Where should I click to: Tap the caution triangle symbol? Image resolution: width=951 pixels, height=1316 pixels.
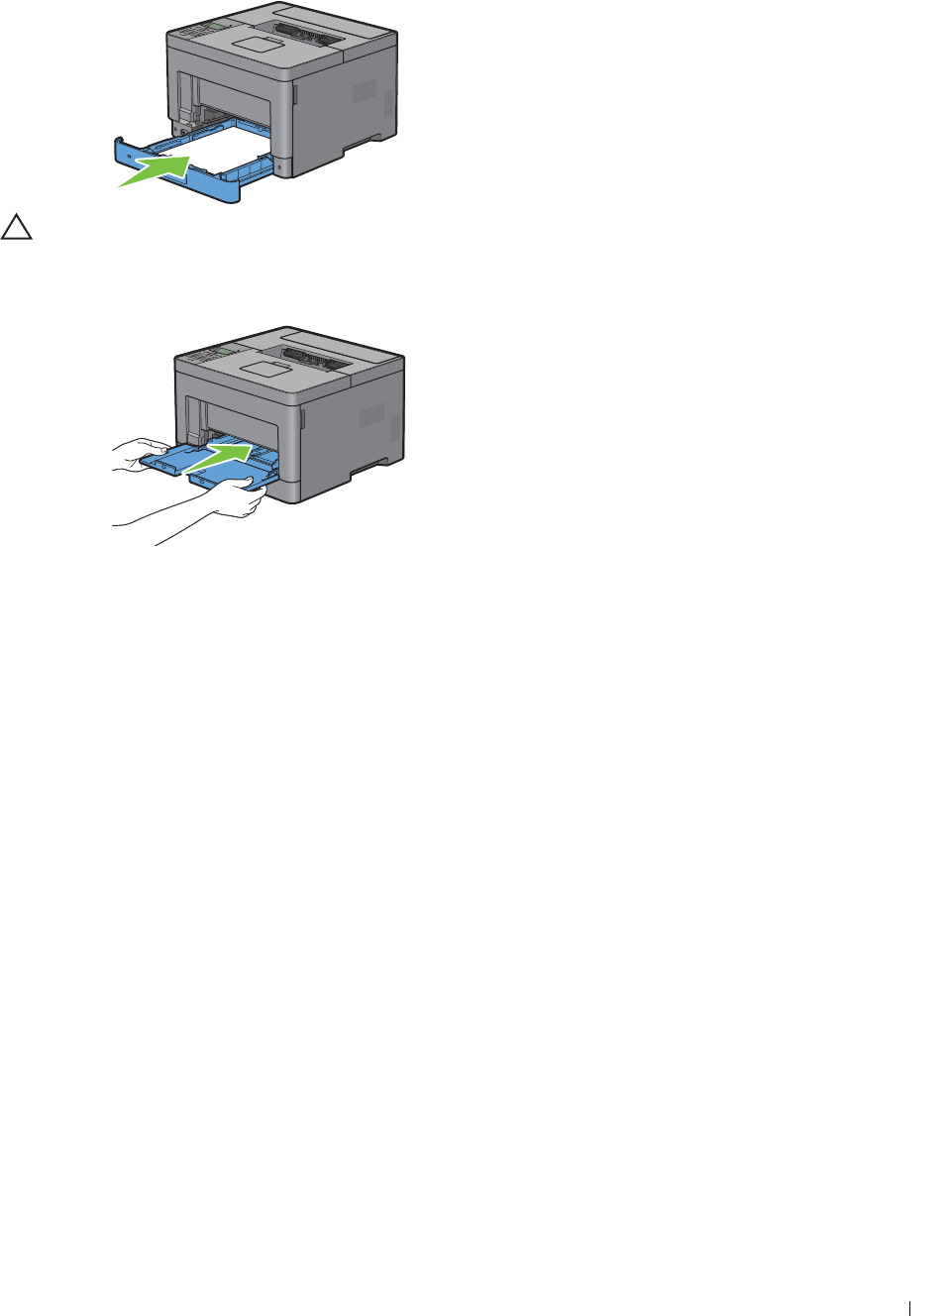(x=16, y=228)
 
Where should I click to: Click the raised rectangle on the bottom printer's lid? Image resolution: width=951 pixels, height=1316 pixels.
(x=264, y=369)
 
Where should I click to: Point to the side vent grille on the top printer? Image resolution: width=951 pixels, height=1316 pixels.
(x=364, y=92)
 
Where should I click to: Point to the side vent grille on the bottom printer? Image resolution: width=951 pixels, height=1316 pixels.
(x=370, y=416)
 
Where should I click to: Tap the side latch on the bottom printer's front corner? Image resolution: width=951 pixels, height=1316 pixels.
(x=302, y=419)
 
